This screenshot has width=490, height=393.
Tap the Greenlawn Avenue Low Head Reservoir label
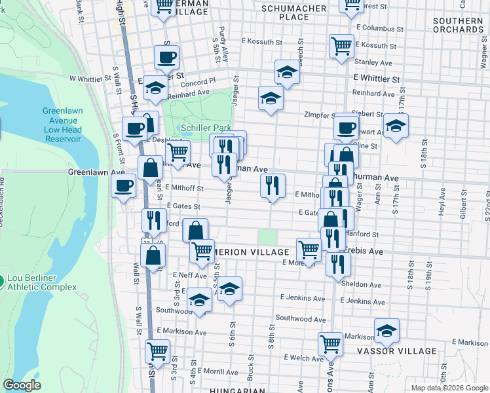click(63, 125)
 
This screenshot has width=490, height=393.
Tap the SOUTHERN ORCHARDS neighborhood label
click(458, 25)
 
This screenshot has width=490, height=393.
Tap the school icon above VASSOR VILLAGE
click(386, 331)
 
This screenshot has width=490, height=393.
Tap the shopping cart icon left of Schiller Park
click(178, 152)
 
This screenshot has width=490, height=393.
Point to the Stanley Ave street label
click(373, 63)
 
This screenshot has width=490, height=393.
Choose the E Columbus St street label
click(381, 29)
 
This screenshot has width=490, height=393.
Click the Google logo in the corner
click(22, 385)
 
